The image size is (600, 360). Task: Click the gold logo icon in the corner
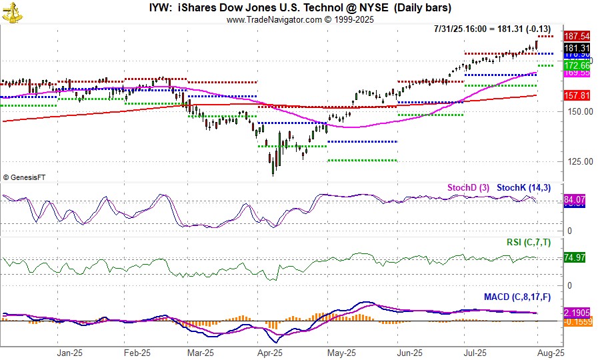(11, 11)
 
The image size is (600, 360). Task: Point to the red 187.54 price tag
(576, 36)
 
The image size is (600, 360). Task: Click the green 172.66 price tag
(576, 66)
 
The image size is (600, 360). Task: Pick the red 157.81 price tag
(576, 96)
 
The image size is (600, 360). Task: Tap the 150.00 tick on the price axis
(579, 111)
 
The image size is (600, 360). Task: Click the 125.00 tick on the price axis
(579, 161)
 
